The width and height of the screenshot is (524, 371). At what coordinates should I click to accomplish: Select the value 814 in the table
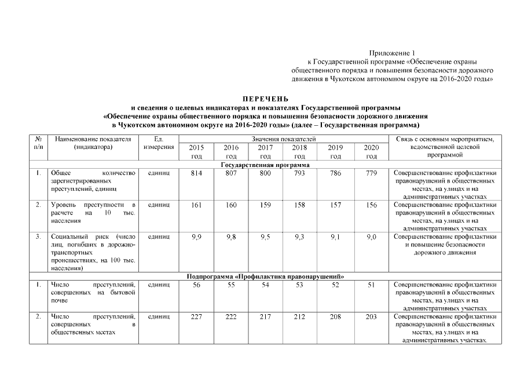click(x=196, y=173)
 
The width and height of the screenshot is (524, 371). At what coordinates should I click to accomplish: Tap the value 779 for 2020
click(x=371, y=173)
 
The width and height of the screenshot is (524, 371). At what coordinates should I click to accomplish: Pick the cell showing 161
click(x=196, y=205)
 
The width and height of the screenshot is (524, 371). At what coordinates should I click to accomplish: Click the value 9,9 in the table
click(x=196, y=237)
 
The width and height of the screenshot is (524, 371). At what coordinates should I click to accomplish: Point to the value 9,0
click(x=371, y=237)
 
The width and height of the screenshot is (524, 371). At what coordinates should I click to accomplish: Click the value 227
click(x=196, y=317)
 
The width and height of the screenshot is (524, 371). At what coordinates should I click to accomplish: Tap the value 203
click(x=371, y=317)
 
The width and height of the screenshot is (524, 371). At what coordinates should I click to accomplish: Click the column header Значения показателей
click(x=284, y=139)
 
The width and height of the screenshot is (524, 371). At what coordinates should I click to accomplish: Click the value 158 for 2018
click(x=300, y=205)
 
